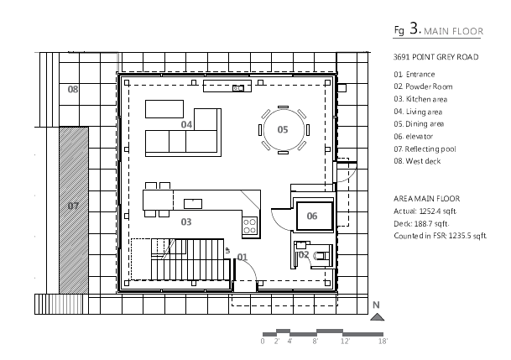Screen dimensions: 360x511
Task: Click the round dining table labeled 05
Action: click(x=283, y=129)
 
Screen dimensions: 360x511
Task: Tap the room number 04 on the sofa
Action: click(x=187, y=124)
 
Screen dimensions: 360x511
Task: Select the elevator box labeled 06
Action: click(x=312, y=216)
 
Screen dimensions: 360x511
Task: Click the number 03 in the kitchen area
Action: click(x=186, y=222)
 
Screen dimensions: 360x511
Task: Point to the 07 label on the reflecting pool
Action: click(x=73, y=205)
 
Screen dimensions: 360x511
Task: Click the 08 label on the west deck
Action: click(x=73, y=89)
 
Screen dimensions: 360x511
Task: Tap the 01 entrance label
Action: click(x=242, y=256)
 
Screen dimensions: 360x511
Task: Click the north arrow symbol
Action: click(x=378, y=316)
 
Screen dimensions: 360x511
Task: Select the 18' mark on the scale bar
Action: click(x=383, y=342)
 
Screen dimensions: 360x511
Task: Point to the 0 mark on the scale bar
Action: click(x=263, y=342)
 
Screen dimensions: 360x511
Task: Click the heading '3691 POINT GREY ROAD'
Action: click(x=435, y=57)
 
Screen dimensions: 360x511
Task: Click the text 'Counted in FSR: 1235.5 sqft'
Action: click(x=441, y=237)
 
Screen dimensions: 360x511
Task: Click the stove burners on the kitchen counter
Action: click(x=249, y=224)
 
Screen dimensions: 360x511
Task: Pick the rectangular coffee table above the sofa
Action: click(x=164, y=109)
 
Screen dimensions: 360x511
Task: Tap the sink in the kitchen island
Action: click(x=193, y=202)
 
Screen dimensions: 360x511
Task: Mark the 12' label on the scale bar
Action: click(x=345, y=342)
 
